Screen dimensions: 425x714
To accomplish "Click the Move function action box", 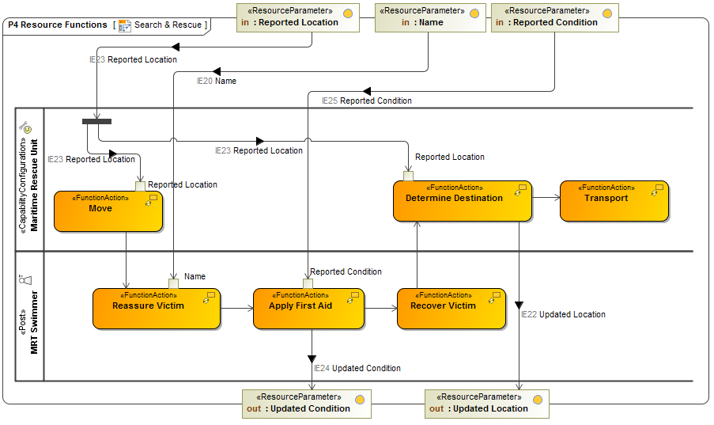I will coord(108,211).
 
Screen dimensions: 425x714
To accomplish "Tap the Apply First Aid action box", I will coord(308,308).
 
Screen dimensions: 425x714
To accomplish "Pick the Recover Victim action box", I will coord(451,308).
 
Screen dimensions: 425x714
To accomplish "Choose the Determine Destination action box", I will coord(462,201).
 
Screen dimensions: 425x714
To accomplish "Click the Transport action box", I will coord(614,201).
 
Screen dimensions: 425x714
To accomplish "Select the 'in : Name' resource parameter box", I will coord(430,17).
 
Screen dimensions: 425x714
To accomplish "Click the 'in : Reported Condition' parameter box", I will coord(554,17).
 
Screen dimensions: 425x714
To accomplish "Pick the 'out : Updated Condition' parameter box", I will coord(306,403).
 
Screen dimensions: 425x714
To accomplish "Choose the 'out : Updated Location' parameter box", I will coord(486,403).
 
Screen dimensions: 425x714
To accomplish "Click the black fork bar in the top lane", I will coord(96,121).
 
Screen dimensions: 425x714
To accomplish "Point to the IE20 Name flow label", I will coord(216,81).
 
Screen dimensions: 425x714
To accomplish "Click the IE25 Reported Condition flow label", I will coord(366,101).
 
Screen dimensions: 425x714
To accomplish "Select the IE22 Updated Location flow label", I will coord(563,314).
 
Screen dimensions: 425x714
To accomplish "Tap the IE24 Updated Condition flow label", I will coord(357,368).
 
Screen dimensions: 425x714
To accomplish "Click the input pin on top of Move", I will coord(140,186).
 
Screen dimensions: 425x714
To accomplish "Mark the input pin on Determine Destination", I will coord(408,176).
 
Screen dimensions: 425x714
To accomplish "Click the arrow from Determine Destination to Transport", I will coord(546,197).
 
